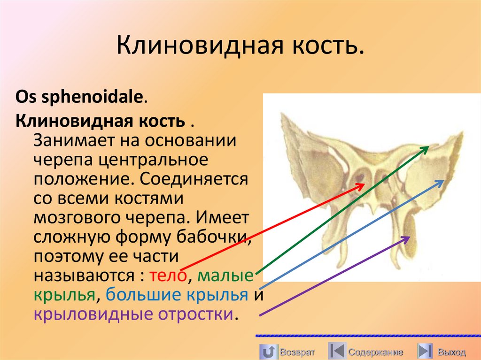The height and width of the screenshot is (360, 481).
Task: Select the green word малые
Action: [225, 275]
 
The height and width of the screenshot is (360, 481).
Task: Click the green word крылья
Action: [65, 295]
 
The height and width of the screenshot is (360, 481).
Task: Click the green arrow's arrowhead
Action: [427, 148]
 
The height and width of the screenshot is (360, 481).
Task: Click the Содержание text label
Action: [375, 352]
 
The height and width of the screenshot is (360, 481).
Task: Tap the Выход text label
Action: [451, 352]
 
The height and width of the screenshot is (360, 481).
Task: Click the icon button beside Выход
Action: [425, 351]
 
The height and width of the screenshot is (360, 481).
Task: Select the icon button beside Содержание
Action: [336, 351]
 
